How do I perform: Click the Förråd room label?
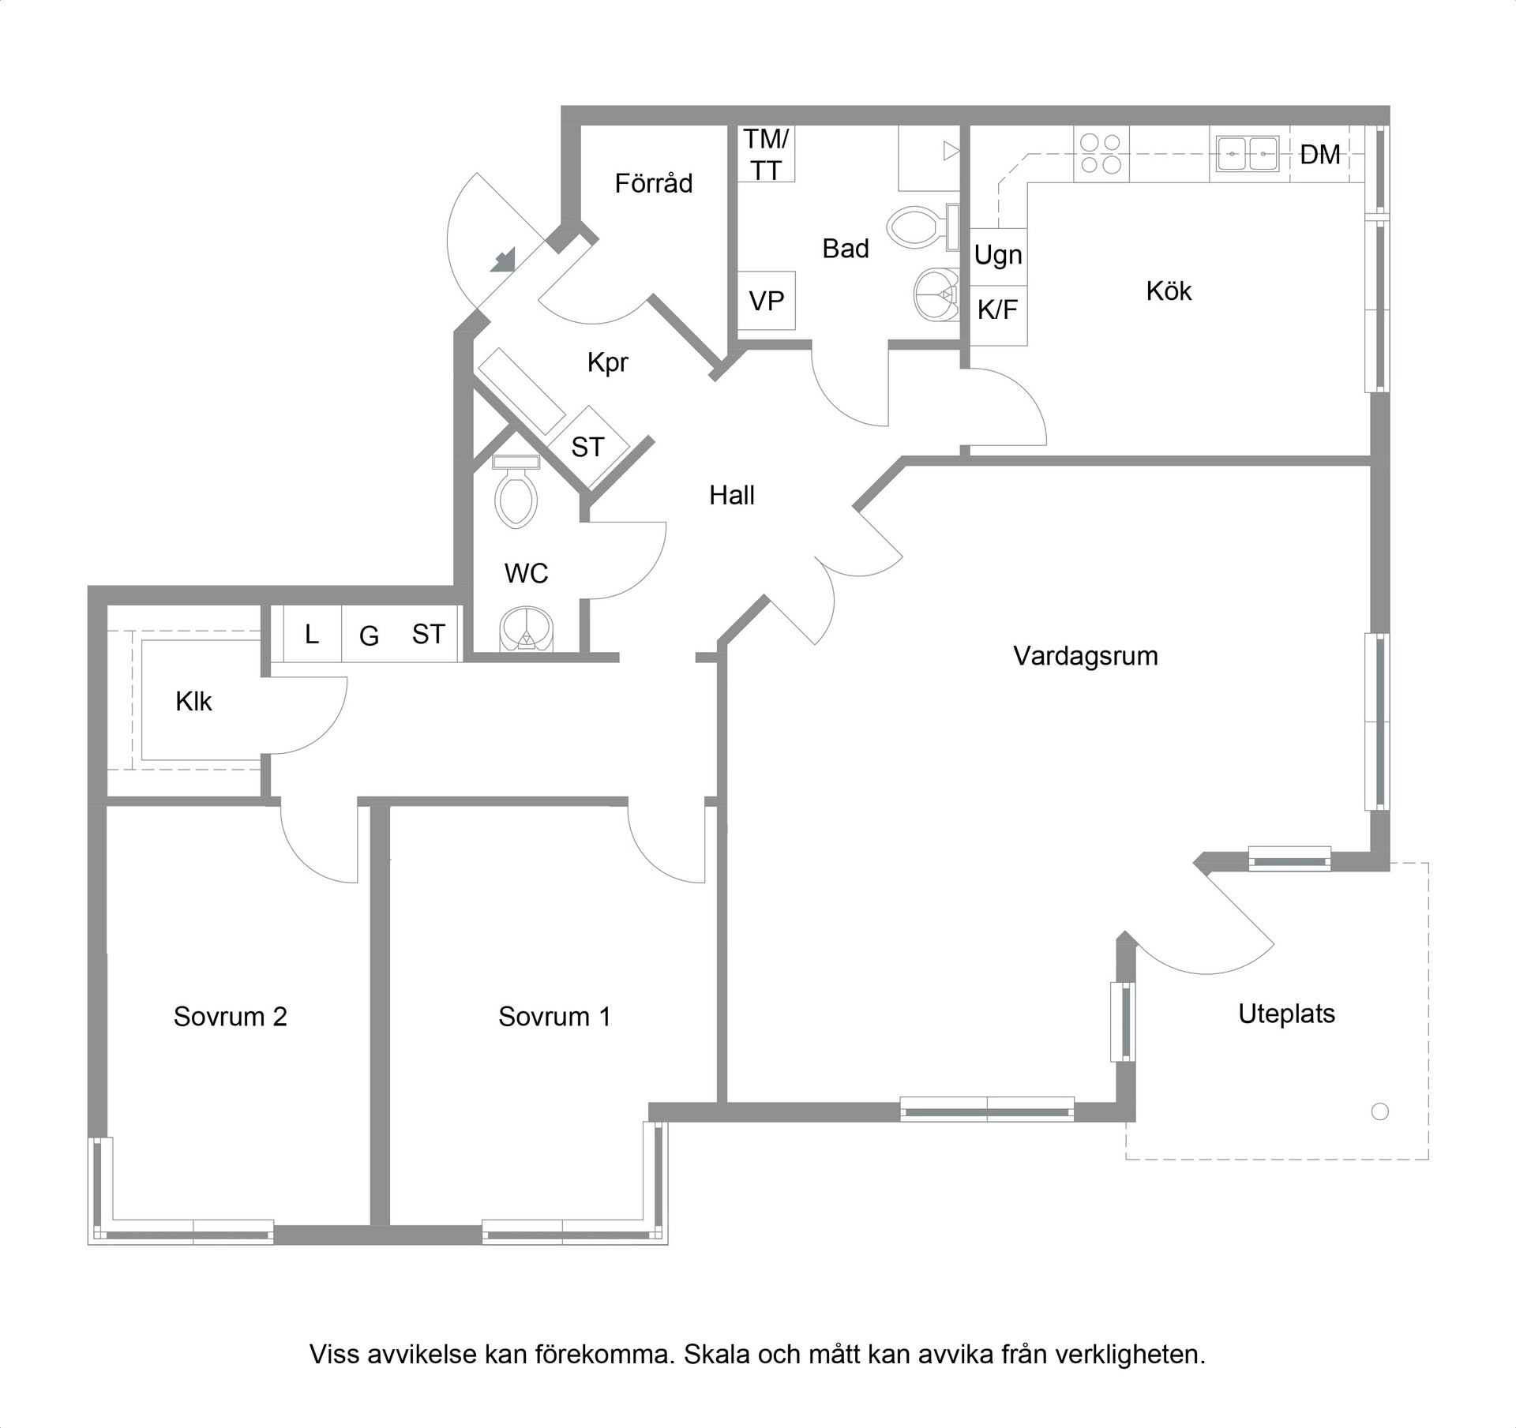(x=654, y=183)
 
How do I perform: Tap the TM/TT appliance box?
(x=766, y=154)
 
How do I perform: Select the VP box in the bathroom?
(x=766, y=301)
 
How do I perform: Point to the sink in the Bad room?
(x=936, y=295)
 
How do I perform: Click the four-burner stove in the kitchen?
(x=1101, y=153)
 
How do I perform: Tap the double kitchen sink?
(x=1248, y=153)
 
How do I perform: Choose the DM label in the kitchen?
(x=1320, y=155)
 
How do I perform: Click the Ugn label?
(x=998, y=256)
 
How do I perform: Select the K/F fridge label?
(x=997, y=309)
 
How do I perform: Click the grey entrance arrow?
(x=504, y=260)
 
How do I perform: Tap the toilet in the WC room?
(x=516, y=492)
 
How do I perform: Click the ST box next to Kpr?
(x=588, y=447)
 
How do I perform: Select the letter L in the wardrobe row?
(x=312, y=634)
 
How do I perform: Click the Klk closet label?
(x=193, y=701)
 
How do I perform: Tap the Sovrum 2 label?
(x=231, y=1016)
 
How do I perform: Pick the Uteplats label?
(x=1286, y=1014)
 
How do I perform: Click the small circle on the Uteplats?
(x=1380, y=1111)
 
